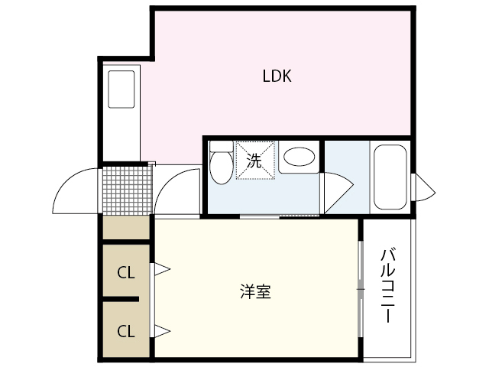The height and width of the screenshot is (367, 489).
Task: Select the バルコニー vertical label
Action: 387,284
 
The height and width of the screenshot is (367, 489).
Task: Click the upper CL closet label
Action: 126,271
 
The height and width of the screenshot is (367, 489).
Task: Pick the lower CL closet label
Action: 126,331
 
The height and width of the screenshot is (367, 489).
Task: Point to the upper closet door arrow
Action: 162,269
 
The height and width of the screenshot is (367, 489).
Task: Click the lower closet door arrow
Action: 162,331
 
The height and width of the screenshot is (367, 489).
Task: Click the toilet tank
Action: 221,145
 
